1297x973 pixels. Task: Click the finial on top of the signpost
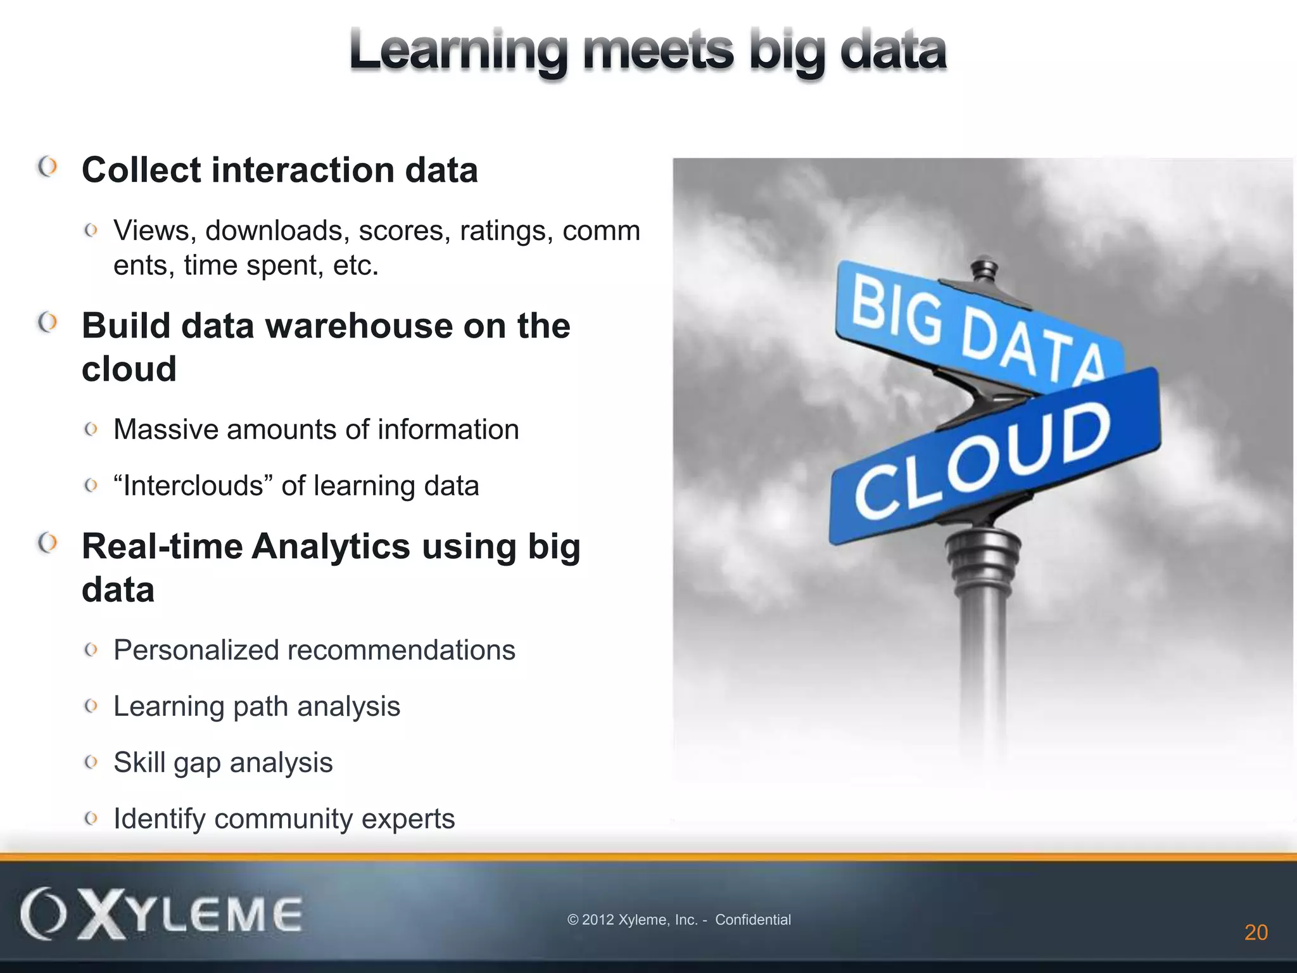[984, 269]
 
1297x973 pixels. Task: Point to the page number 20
[1256, 932]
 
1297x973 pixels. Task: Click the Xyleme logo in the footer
[161, 914]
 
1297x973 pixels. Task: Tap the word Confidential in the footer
[753, 920]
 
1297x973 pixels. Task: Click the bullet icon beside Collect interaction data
[48, 167]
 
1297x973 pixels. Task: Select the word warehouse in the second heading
[359, 326]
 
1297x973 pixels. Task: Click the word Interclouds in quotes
[193, 486]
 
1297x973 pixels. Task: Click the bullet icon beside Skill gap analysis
[91, 762]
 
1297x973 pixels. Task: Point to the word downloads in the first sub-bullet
[277, 231]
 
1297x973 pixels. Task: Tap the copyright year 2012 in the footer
[597, 920]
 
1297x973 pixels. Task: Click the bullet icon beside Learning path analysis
[91, 706]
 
